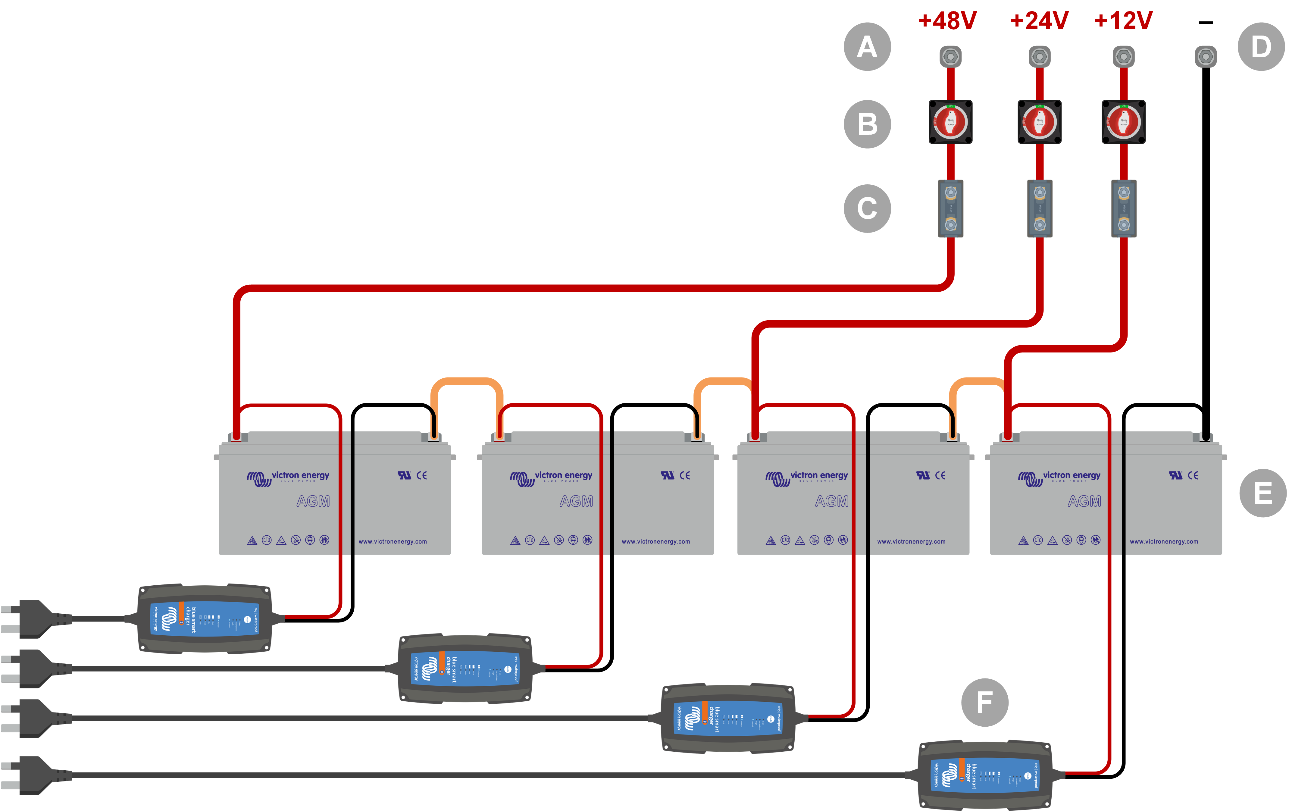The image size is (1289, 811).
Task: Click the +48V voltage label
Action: [947, 21]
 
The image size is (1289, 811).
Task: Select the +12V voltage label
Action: [1123, 21]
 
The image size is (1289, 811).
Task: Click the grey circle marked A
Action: [867, 47]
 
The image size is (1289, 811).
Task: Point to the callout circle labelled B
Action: [867, 124]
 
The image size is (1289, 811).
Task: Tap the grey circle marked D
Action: [1261, 47]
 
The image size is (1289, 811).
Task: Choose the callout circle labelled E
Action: [1263, 493]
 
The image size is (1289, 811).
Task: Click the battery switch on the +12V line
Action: [1124, 122]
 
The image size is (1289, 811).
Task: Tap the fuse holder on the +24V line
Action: [1040, 209]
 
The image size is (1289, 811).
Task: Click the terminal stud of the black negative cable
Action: [1206, 56]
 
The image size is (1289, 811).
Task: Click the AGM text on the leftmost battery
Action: [313, 502]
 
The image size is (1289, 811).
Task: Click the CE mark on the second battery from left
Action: [685, 475]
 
